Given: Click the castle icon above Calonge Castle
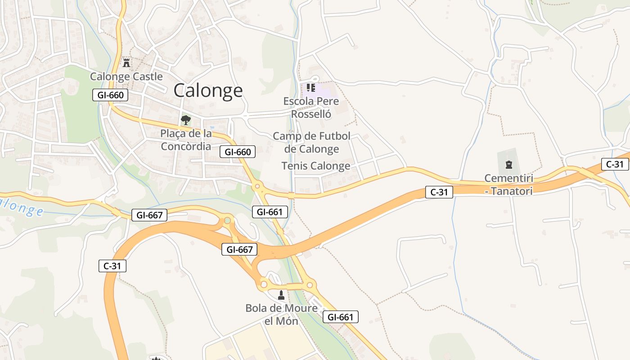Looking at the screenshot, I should (126, 63).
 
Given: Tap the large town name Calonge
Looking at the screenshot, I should (208, 90).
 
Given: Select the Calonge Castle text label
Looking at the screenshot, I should (126, 76).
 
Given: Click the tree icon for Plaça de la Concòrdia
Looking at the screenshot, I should (185, 120).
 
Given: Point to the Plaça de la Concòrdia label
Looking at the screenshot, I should (186, 140).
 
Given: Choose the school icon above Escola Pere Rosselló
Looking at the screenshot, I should (310, 87).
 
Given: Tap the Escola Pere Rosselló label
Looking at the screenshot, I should (311, 108).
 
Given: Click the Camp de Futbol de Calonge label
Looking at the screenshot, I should (311, 142).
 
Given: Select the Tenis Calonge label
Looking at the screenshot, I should (316, 166).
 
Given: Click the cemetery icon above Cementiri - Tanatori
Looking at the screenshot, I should (508, 165).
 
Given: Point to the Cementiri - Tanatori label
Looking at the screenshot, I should (508, 184).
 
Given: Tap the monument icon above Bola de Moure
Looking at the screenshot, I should (281, 295).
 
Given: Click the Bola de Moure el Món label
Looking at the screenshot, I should (281, 315).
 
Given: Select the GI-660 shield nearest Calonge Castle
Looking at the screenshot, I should (110, 95).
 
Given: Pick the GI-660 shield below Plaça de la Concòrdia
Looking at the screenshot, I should (238, 152).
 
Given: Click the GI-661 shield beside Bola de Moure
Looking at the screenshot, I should (341, 317).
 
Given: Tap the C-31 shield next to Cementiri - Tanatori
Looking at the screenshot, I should (439, 192).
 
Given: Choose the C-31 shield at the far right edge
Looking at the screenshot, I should (615, 164).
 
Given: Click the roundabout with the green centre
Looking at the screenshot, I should (228, 220).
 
